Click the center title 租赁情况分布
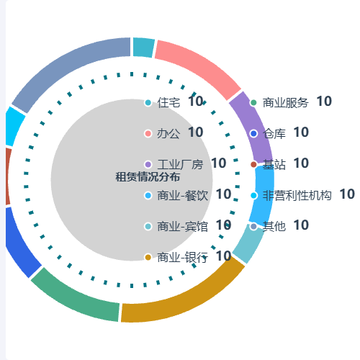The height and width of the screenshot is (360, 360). pos(148,177)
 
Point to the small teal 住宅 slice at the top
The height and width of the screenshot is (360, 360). pos(143,48)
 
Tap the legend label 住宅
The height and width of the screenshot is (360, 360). pos(168,102)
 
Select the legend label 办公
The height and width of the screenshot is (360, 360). pos(168,133)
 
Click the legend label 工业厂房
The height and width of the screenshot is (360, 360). pos(180,164)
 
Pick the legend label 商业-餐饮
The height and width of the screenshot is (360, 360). pos(182,195)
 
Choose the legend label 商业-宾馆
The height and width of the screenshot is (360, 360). pos(182,226)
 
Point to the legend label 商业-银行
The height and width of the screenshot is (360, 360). pos(182,257)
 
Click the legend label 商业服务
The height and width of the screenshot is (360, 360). pos(286,102)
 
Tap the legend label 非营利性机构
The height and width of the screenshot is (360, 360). pos(297,195)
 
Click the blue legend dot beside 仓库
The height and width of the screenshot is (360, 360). pos(253,133)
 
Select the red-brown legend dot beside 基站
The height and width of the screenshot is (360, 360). pos(253,164)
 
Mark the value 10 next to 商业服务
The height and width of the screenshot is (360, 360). pos(324,102)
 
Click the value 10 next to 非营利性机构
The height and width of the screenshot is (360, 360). pos(347,194)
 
